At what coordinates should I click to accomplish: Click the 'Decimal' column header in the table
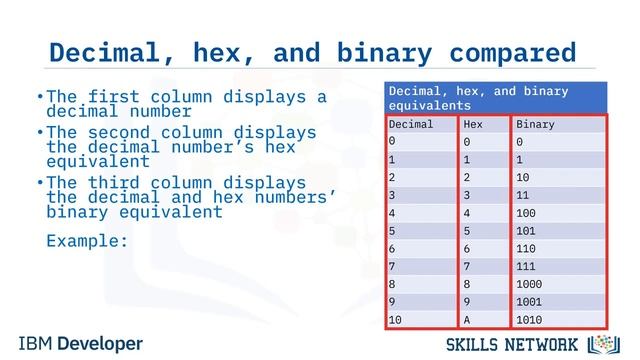pyautogui.click(x=411, y=125)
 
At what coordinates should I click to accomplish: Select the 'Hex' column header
pyautogui.click(x=473, y=125)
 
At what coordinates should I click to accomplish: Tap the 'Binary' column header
pyautogui.click(x=535, y=125)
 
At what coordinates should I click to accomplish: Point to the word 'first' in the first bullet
pyautogui.click(x=114, y=97)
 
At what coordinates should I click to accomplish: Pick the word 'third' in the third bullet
pyautogui.click(x=114, y=184)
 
